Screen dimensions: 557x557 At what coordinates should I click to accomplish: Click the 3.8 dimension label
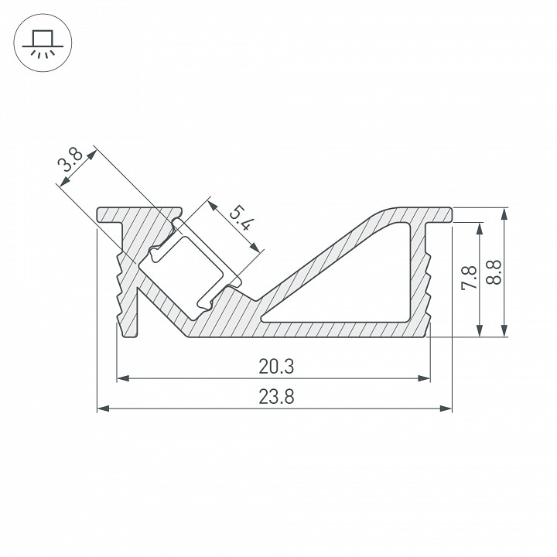tap(71, 164)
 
